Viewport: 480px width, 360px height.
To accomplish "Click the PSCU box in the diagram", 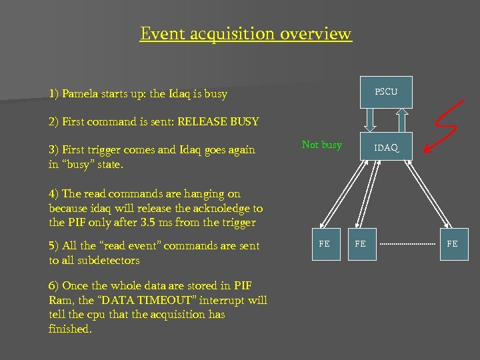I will click(x=386, y=92).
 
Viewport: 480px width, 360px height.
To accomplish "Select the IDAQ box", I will click(x=386, y=148).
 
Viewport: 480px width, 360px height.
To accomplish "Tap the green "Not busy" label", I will click(x=321, y=145).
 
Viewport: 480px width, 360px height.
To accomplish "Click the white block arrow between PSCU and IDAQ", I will click(x=372, y=121).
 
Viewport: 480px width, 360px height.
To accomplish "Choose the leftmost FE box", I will click(x=324, y=244).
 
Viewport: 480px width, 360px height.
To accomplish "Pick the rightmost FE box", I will click(x=452, y=244).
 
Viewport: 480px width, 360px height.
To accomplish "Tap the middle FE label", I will click(x=360, y=244).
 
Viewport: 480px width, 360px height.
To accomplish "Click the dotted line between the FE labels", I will click(x=407, y=245).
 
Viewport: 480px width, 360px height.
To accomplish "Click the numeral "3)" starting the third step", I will click(x=54, y=149).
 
